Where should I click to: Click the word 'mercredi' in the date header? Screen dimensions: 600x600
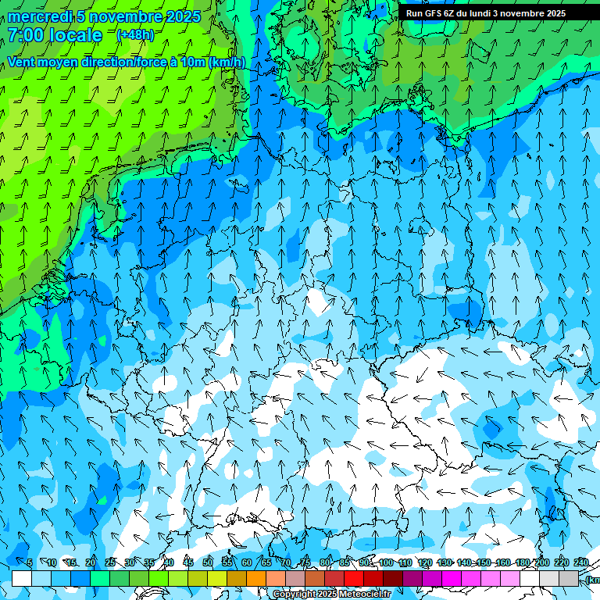tap(37, 16)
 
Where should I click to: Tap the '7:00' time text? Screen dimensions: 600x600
tap(26, 35)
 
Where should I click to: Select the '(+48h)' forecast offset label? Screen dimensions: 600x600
tap(135, 35)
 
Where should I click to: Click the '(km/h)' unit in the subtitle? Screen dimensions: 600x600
tap(227, 62)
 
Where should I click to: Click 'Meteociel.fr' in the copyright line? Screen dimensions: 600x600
tap(366, 595)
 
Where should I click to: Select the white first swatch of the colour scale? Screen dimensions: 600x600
tap(22, 579)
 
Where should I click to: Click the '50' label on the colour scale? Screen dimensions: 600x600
tap(207, 563)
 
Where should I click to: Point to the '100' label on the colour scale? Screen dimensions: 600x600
tap(386, 563)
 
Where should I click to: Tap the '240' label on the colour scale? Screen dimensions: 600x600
tap(580, 563)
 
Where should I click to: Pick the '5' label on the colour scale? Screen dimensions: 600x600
tap(30, 563)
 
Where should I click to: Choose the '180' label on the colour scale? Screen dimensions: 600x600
tap(523, 563)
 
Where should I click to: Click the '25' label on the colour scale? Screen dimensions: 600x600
tap(110, 563)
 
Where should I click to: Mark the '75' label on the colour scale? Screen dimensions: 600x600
tap(305, 563)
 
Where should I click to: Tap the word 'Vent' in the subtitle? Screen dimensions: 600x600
tap(21, 62)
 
